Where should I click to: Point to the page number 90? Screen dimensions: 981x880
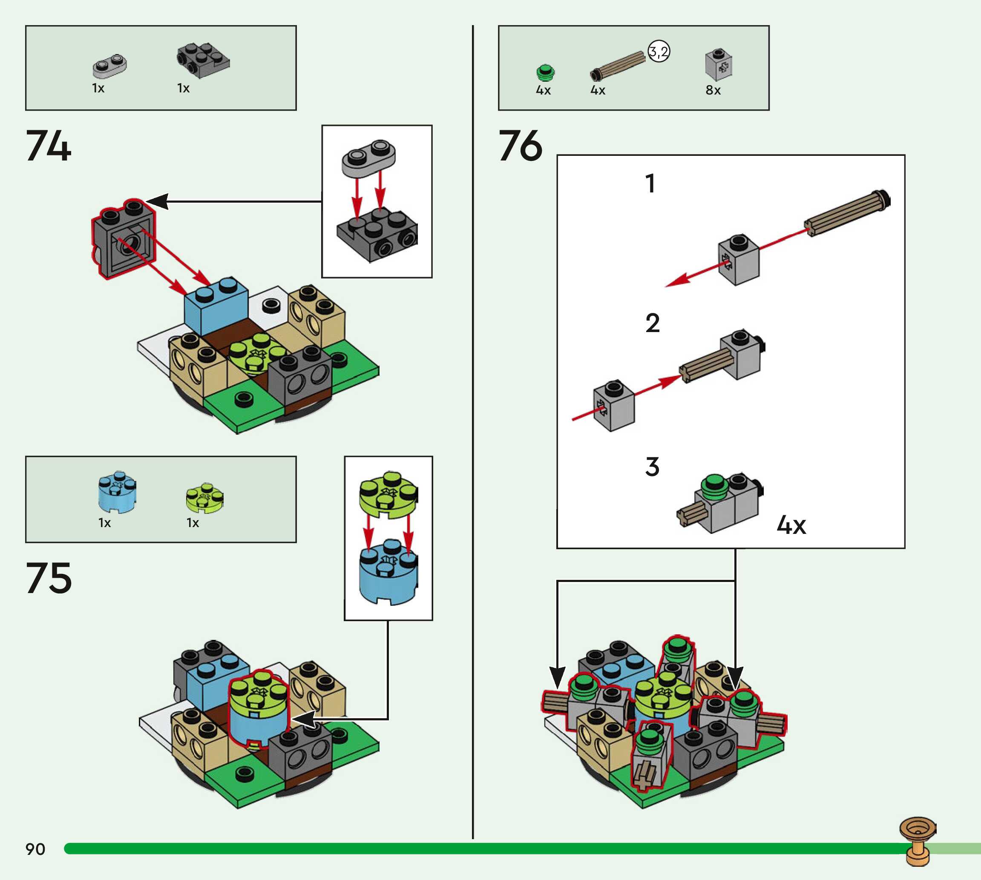[35, 849]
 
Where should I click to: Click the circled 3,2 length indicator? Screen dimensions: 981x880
[659, 51]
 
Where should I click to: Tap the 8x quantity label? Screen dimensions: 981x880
[713, 90]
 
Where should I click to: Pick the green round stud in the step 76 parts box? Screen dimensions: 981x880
[545, 72]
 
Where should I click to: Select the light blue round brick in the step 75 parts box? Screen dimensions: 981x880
[117, 491]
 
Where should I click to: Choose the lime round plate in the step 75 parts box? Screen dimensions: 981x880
[204, 497]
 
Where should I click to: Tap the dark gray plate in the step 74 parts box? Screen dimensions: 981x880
[203, 60]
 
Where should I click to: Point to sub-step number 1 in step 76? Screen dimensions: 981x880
[650, 184]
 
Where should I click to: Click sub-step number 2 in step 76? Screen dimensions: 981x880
[652, 323]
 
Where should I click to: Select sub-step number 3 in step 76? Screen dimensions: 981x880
[652, 467]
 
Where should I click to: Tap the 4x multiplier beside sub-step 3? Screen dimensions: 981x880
[791, 525]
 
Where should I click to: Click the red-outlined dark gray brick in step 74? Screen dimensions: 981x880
[124, 238]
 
